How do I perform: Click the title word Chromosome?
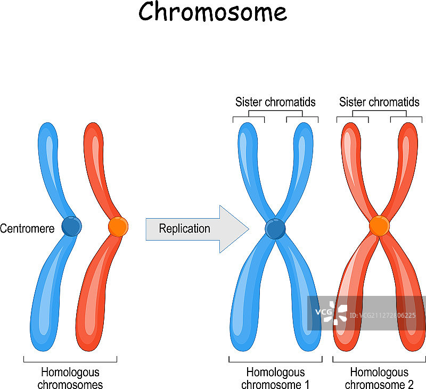point(212,12)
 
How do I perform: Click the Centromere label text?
point(27,229)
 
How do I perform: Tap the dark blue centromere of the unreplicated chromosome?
point(71,226)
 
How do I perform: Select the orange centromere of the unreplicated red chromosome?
point(118,227)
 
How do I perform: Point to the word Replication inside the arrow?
point(185,229)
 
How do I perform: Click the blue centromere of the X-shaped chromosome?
point(275,229)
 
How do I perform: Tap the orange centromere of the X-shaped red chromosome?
point(379,226)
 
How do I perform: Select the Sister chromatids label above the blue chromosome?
point(275,102)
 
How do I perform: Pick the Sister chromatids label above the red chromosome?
point(379,102)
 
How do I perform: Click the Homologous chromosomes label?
point(70,378)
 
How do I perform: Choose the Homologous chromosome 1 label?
point(275,378)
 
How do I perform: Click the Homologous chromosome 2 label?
point(379,378)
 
